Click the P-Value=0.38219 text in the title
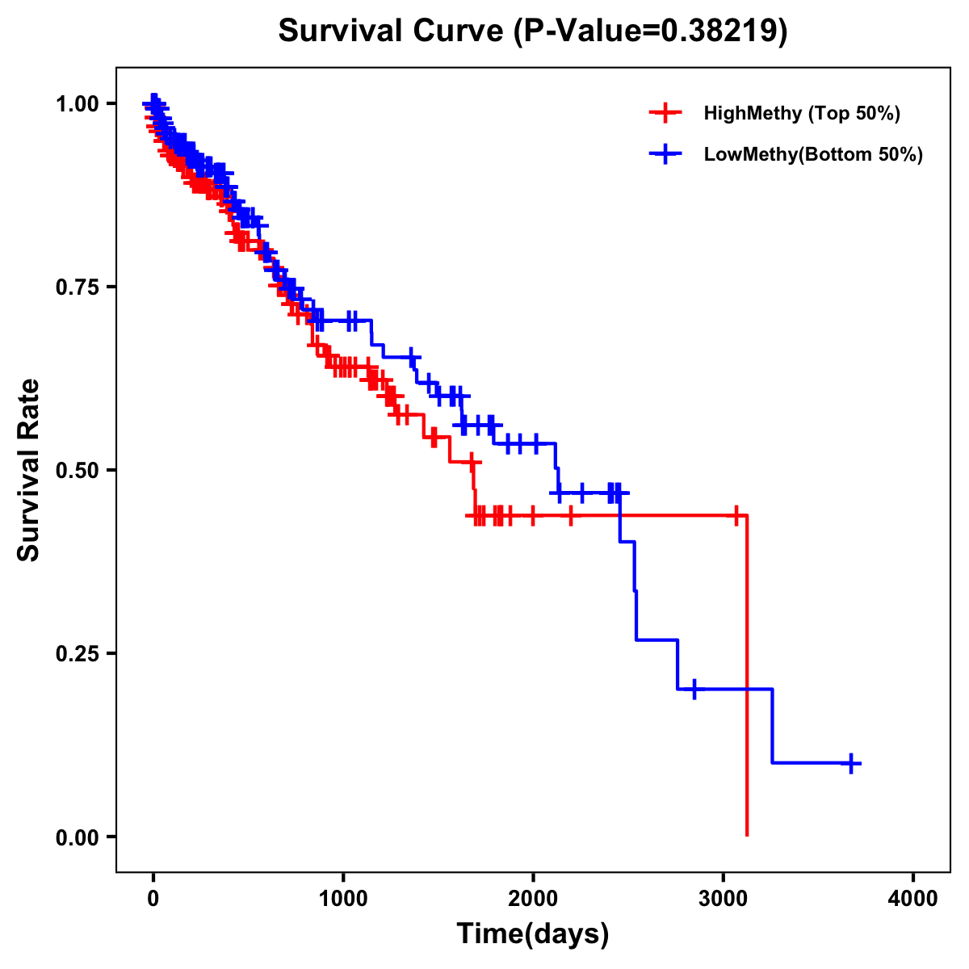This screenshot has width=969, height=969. coord(652,31)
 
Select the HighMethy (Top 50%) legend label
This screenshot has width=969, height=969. coord(802,113)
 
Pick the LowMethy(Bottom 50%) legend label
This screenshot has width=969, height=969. coord(813,154)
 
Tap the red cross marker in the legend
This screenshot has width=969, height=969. coord(665,113)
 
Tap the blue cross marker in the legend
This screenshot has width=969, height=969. coord(665,154)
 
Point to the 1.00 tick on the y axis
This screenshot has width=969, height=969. coord(77,103)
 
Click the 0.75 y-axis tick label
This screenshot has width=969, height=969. coord(77,287)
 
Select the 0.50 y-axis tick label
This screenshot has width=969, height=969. coord(77,470)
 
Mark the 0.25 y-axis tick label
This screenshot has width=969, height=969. coord(77,653)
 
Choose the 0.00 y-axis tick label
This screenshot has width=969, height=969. coord(77,837)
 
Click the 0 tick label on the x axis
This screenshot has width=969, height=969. coord(153,899)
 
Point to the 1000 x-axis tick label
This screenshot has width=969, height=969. coord(343,899)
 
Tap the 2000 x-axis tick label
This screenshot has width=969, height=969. coord(533,899)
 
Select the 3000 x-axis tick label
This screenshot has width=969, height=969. coord(724,899)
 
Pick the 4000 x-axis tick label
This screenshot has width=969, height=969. coord(913,899)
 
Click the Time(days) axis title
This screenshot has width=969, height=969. coord(533,934)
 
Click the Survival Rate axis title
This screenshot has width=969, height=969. coord(29,470)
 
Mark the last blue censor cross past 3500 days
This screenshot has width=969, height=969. coord(851,763)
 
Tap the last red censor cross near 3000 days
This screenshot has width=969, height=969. coord(736,515)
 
